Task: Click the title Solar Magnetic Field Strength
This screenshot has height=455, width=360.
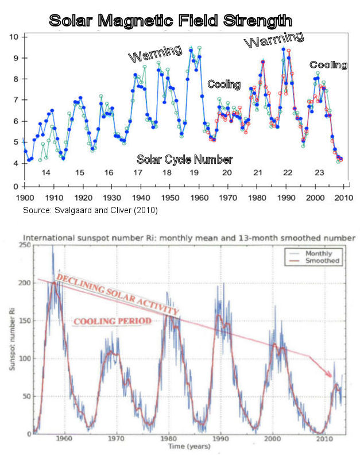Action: tap(171, 21)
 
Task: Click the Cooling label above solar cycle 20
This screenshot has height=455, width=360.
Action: tap(224, 84)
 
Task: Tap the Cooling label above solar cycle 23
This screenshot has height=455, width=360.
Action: tap(328, 65)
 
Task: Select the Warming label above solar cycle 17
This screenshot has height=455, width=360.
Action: tap(154, 56)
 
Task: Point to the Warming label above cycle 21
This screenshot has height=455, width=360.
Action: tap(274, 40)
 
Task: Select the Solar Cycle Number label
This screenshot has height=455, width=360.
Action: tap(184, 159)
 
